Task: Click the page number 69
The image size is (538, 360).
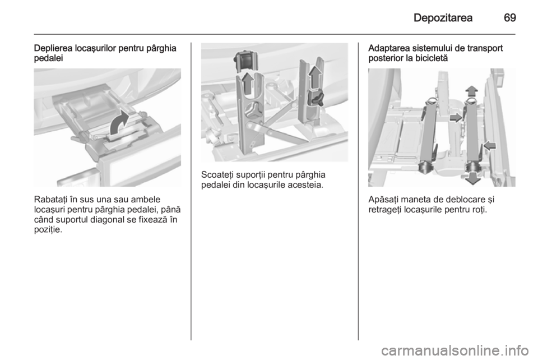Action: (510, 17)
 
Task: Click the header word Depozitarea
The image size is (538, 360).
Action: (443, 17)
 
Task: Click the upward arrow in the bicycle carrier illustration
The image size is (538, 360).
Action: (472, 91)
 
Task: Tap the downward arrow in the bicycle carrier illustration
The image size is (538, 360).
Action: (473, 178)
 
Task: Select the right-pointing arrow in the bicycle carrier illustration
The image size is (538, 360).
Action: (456, 118)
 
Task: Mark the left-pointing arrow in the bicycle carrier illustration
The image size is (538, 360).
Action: (490, 145)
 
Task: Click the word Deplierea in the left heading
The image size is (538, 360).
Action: (52, 48)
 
